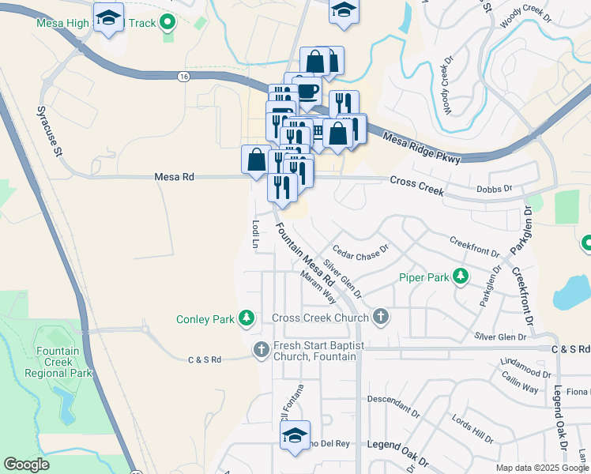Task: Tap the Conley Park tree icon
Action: pos(247,318)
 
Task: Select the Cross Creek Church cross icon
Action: pos(381,318)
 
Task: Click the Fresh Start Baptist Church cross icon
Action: pos(262,348)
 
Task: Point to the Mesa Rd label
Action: pos(178,178)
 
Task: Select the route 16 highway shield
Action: pos(183,76)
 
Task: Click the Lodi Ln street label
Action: pos(255,234)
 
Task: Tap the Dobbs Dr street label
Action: pos(495,189)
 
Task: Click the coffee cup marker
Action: pos(307,91)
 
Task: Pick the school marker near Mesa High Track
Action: pos(108,17)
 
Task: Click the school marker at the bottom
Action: pos(295,437)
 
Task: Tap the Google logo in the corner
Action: pos(26,465)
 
